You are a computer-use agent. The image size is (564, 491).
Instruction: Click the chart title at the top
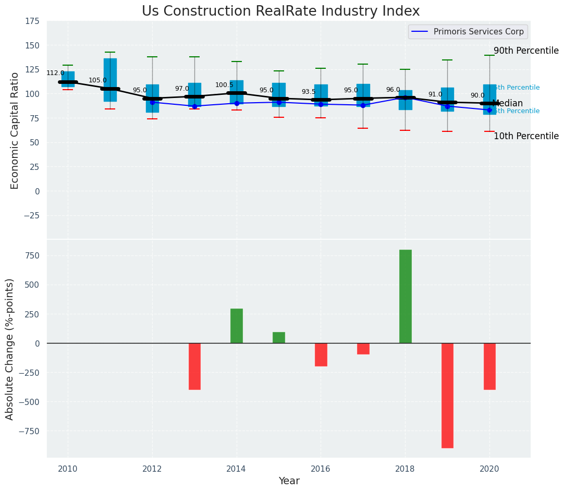coord(280,11)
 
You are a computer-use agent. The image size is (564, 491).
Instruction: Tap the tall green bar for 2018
coord(405,296)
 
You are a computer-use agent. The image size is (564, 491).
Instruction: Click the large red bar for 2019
coord(447,395)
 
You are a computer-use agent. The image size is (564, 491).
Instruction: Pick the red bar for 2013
coord(194,366)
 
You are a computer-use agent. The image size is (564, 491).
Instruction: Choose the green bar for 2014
coord(237,326)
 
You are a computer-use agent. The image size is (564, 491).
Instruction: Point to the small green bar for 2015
coord(279,337)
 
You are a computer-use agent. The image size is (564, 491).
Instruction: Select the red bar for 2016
coord(321,354)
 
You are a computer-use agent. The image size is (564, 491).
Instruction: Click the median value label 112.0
coord(55,73)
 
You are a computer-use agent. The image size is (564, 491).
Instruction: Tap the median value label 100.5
coord(224,85)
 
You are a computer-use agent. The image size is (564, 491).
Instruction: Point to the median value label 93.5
coord(309,92)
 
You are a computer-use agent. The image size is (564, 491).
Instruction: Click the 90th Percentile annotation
coord(525,51)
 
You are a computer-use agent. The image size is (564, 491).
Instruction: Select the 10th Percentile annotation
coord(525,136)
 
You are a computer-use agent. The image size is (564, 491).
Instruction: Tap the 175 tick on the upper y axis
coord(32,21)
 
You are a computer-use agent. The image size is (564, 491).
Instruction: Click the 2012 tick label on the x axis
coord(152,469)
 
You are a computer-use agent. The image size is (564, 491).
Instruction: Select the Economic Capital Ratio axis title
coord(15,130)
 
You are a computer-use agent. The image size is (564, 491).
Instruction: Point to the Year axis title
coord(289,481)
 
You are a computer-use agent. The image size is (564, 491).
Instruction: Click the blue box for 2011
coord(110,80)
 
